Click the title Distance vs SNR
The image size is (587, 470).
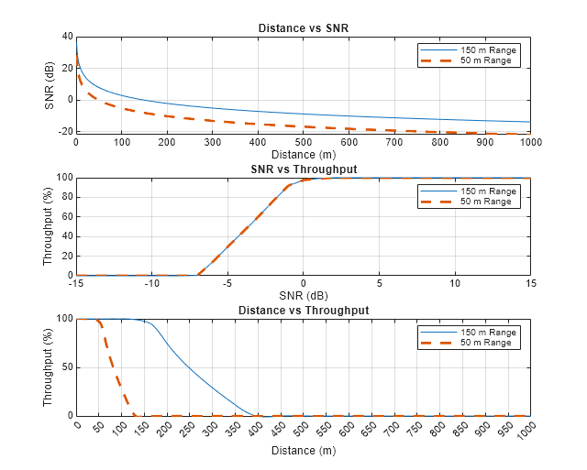click(303, 28)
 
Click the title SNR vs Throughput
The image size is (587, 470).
click(303, 169)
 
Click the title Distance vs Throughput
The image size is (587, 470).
click(303, 311)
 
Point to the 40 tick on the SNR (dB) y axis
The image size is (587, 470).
click(67, 37)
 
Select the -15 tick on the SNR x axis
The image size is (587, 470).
click(76, 284)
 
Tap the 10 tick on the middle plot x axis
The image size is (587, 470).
click(455, 284)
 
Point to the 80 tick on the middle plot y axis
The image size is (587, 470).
click(65, 197)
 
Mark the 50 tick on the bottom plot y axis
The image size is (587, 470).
click(65, 367)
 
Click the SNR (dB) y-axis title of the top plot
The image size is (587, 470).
click(50, 85)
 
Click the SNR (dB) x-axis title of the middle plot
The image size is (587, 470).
click(303, 296)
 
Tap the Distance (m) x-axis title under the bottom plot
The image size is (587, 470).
click(303, 450)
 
